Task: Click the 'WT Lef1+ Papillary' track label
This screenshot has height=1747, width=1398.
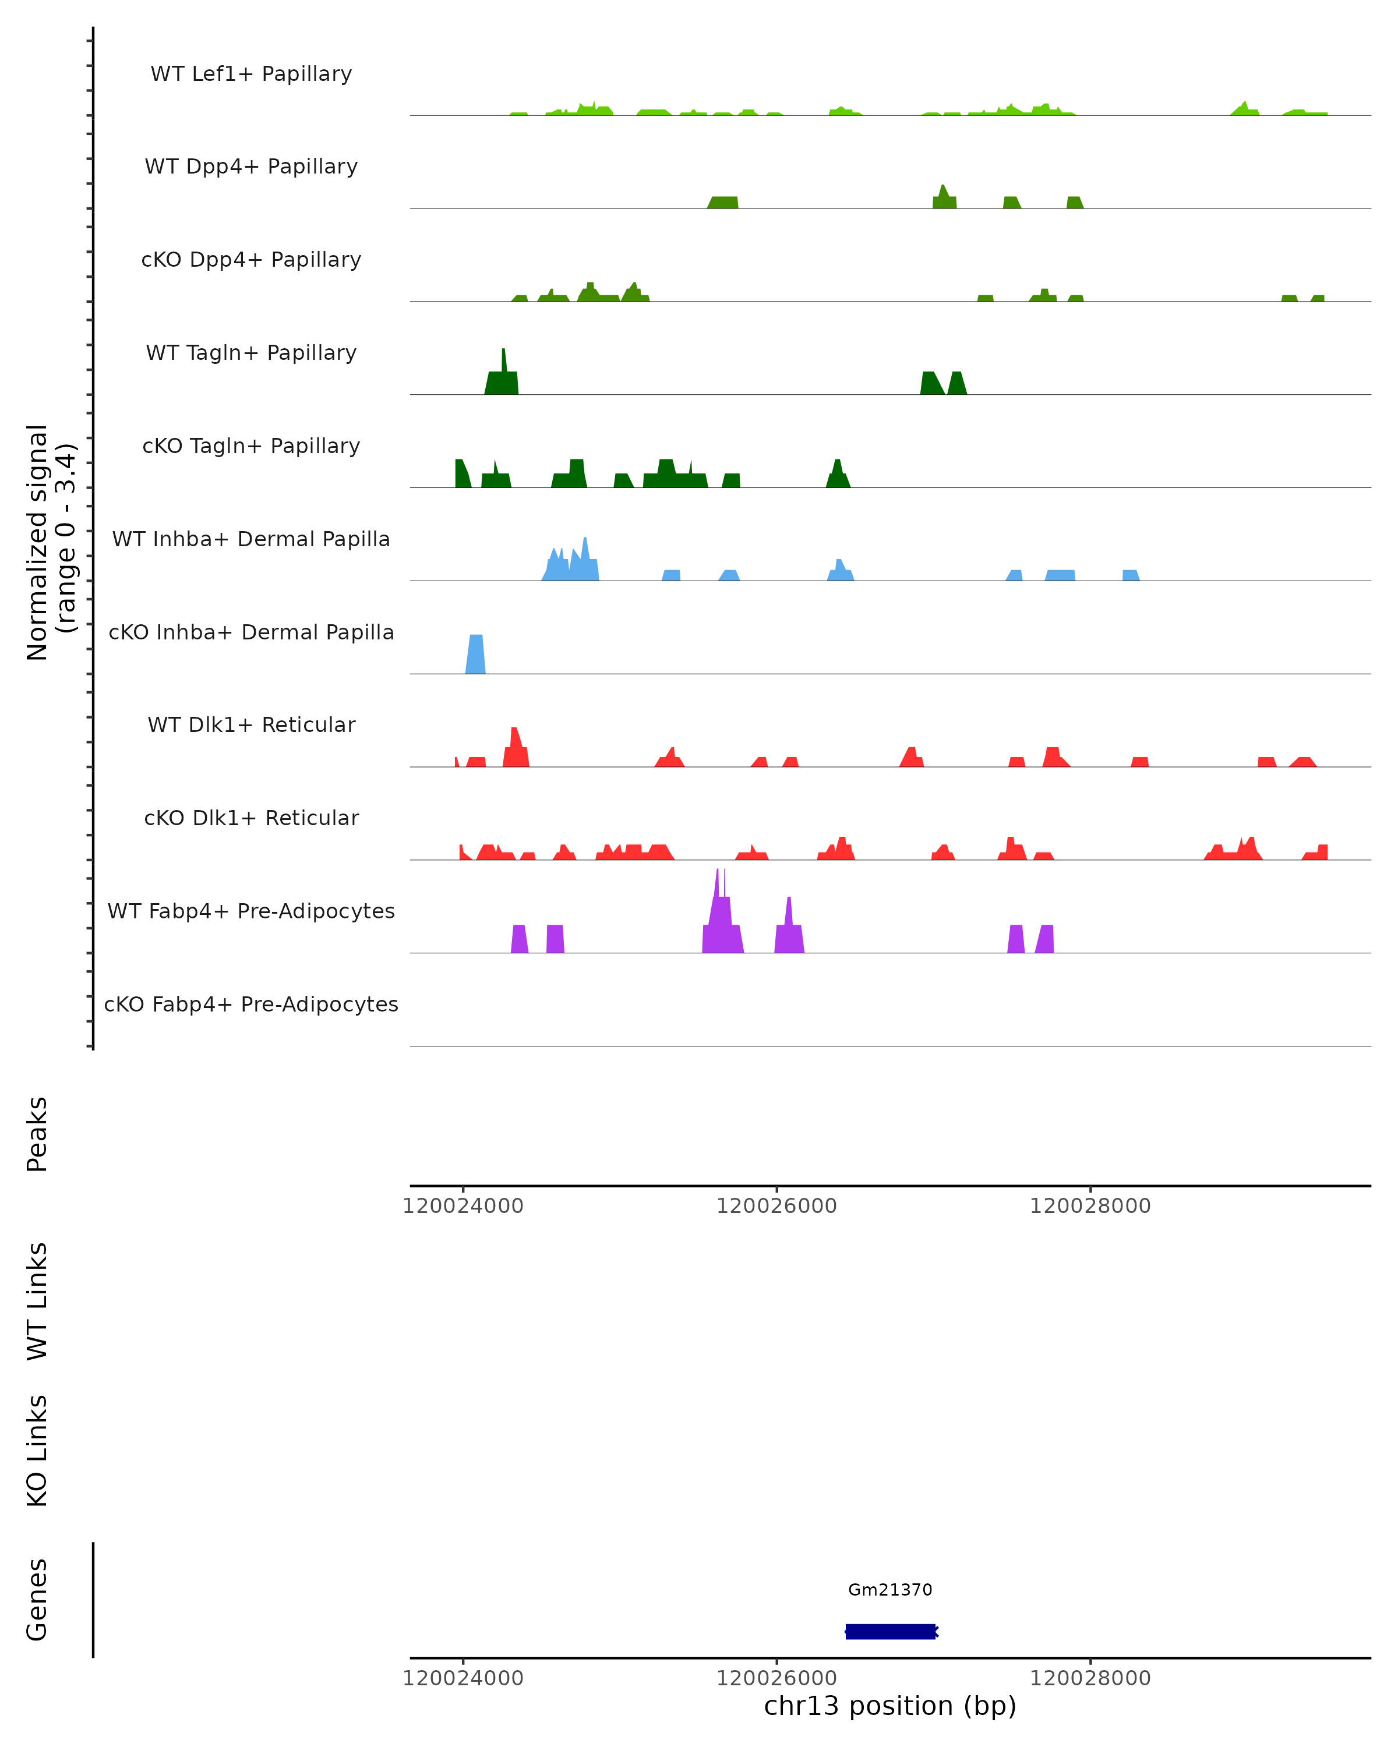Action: tap(251, 74)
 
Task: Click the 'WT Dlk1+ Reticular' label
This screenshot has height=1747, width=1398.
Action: tap(251, 724)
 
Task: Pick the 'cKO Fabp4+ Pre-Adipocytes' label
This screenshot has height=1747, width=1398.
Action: tap(251, 1004)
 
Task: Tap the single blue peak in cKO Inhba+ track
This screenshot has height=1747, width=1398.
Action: tap(476, 655)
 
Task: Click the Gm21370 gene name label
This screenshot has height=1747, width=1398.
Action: tap(890, 1590)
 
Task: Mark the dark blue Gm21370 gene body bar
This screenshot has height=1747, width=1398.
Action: tap(890, 1631)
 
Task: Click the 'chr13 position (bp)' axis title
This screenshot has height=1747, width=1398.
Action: tap(890, 1706)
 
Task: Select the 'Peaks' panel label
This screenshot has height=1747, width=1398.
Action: tap(37, 1134)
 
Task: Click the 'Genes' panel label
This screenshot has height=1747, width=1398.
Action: tap(37, 1600)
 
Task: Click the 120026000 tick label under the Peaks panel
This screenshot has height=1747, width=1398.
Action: tap(776, 1206)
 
